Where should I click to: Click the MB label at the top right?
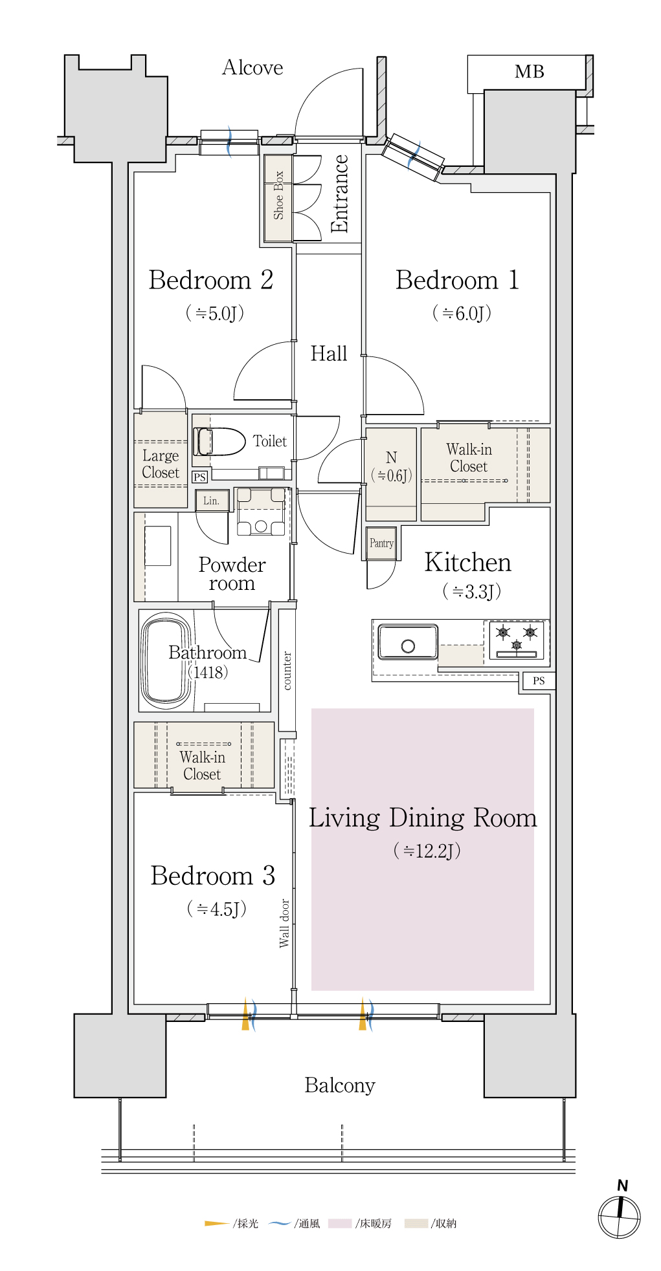(x=529, y=72)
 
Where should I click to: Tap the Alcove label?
(x=252, y=67)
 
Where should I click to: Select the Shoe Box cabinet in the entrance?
(x=278, y=198)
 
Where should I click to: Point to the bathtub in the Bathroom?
(x=166, y=660)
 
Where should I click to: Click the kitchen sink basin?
(x=408, y=642)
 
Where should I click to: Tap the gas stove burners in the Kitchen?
(x=517, y=640)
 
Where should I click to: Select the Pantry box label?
(x=381, y=543)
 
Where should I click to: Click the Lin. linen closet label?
(x=212, y=501)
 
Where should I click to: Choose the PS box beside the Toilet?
(x=199, y=477)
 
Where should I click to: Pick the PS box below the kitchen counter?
(x=539, y=680)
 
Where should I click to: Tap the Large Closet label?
(x=161, y=464)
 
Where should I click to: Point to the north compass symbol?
(x=620, y=1217)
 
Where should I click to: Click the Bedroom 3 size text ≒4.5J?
(x=217, y=909)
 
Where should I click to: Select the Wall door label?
(x=284, y=923)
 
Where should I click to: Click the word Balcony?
(x=340, y=1085)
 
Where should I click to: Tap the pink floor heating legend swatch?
(x=340, y=1223)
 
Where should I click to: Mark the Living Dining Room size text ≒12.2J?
(x=427, y=851)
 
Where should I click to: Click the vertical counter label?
(x=287, y=671)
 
